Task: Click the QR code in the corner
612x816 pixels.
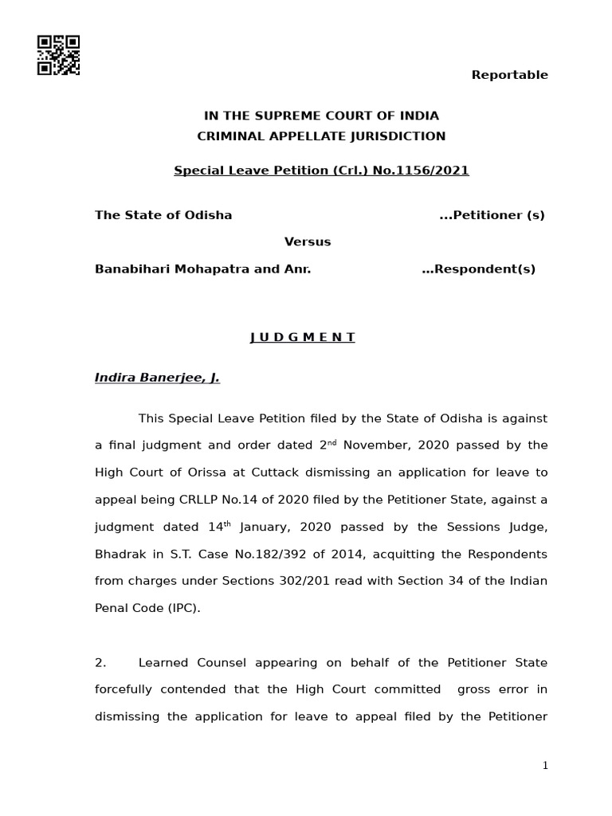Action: point(58,56)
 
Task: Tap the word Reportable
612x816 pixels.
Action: point(509,75)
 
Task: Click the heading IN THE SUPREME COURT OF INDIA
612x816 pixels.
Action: point(321,116)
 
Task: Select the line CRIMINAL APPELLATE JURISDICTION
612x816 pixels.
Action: point(321,136)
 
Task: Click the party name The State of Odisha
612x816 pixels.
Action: point(163,215)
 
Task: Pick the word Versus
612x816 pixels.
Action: point(308,241)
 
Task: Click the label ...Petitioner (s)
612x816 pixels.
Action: point(492,215)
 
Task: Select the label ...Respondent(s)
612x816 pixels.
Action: point(478,269)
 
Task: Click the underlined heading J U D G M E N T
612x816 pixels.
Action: point(303,337)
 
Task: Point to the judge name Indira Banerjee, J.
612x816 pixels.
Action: point(157,378)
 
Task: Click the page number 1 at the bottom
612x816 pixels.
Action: point(545,766)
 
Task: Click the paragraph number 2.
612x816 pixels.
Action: point(100,663)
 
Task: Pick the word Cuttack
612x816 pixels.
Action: point(283,473)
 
